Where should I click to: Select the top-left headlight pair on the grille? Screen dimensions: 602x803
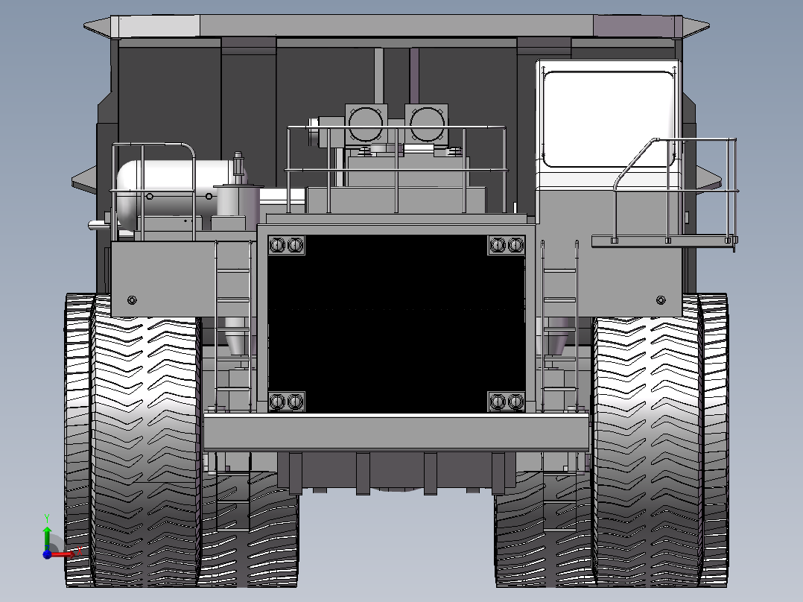click(x=287, y=245)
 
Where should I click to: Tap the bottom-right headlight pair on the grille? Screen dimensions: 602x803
click(x=507, y=402)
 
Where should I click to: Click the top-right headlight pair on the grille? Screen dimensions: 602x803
click(x=507, y=245)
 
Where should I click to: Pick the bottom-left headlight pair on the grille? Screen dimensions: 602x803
click(x=287, y=402)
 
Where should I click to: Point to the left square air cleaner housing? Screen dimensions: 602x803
click(x=366, y=122)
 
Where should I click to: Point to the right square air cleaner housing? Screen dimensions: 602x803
click(x=426, y=122)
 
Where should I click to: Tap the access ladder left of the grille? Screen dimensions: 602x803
click(x=232, y=328)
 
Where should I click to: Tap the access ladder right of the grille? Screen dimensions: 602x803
click(x=560, y=328)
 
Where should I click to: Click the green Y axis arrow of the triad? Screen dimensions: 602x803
click(x=46, y=531)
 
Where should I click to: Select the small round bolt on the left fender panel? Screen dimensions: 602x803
click(x=133, y=300)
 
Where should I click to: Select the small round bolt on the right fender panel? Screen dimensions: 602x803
click(x=660, y=300)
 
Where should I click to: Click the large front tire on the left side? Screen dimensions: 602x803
click(x=145, y=447)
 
